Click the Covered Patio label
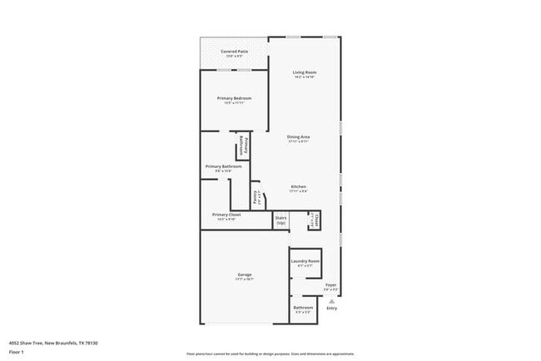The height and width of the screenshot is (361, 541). [x=234, y=52]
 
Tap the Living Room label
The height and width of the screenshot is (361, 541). [x=305, y=72]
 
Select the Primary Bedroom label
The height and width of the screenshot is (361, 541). [x=234, y=98]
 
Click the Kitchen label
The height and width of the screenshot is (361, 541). [x=298, y=185]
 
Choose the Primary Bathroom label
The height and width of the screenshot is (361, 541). [x=224, y=166]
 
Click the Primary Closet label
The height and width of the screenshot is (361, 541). [x=228, y=215]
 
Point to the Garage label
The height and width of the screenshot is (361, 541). [x=245, y=274]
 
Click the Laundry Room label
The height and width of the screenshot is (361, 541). [x=305, y=261]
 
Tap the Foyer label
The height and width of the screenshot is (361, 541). [x=330, y=285]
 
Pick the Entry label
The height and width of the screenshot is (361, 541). [x=332, y=309]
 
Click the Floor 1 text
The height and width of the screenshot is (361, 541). [x=17, y=352]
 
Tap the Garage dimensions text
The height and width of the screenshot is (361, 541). [x=245, y=279]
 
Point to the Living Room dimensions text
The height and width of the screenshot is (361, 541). [x=305, y=77]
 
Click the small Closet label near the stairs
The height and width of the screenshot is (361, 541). [x=316, y=221]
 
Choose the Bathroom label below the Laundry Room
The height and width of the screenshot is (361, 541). [x=303, y=308]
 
